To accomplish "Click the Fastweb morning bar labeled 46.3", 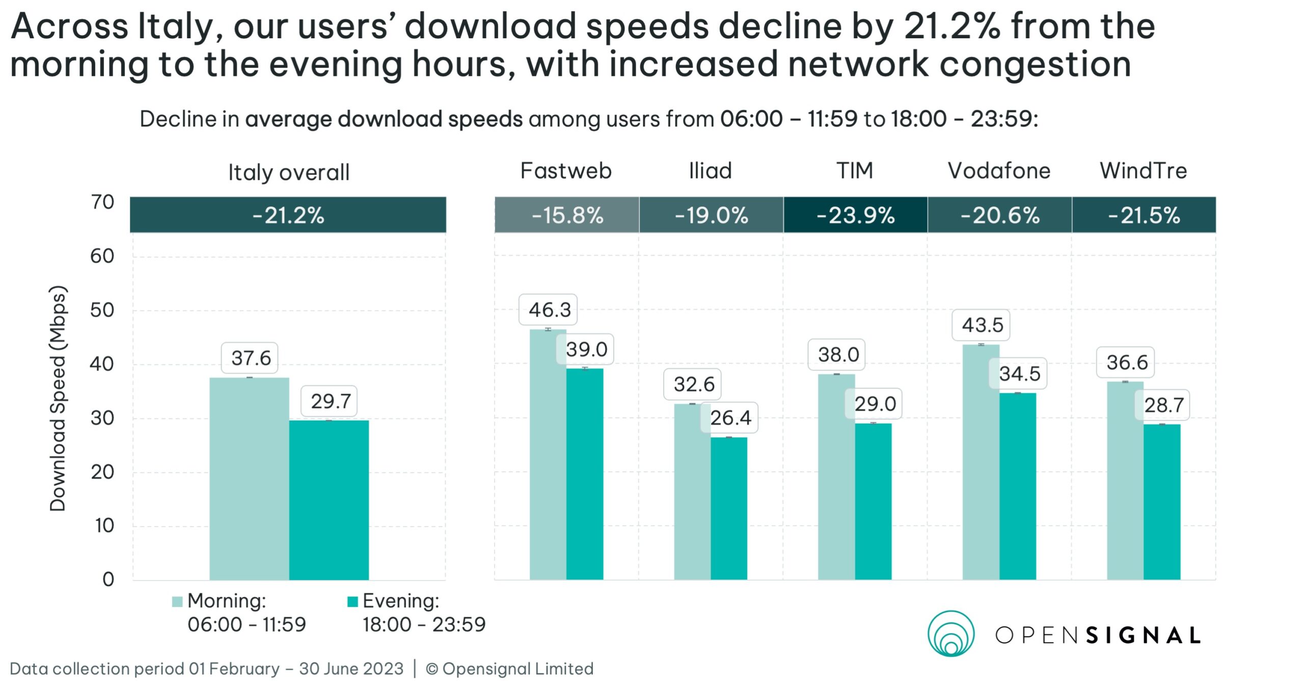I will (548, 454).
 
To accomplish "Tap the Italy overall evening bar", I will (329, 500).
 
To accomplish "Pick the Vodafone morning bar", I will (981, 461).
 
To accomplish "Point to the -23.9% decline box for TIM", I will (855, 215).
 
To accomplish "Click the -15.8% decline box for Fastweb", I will (567, 215).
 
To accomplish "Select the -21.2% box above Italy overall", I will (288, 215).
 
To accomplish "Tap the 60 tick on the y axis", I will (102, 256).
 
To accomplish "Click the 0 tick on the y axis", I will (108, 580).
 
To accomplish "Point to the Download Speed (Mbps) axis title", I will (58, 398).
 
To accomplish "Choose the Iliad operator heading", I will (710, 171).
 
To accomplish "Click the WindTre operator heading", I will (1143, 171).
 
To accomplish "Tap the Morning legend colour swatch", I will (177, 602).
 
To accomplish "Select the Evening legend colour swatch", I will (352, 602).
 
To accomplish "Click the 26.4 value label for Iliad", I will (730, 418).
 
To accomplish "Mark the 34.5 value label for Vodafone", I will (1019, 374).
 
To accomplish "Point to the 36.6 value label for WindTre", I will (1127, 362).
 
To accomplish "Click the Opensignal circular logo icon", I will (950, 634).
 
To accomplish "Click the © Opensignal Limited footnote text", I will (509, 669).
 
